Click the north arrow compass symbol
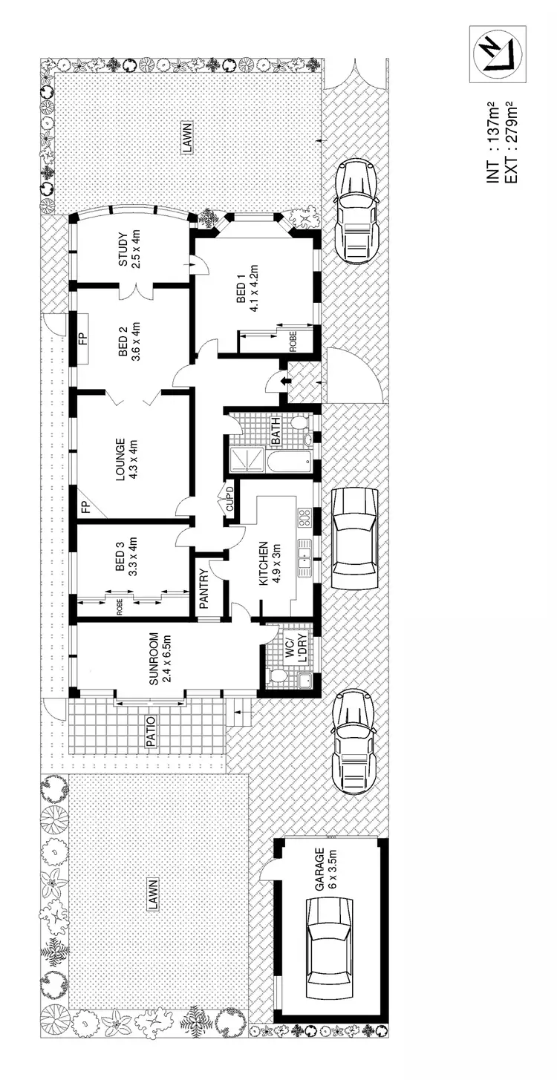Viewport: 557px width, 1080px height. click(x=498, y=54)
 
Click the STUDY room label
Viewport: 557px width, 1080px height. click(x=130, y=250)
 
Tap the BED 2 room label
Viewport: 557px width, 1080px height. click(x=130, y=339)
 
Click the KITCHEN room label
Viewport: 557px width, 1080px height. click(x=269, y=564)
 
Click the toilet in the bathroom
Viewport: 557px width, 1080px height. click(x=299, y=424)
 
